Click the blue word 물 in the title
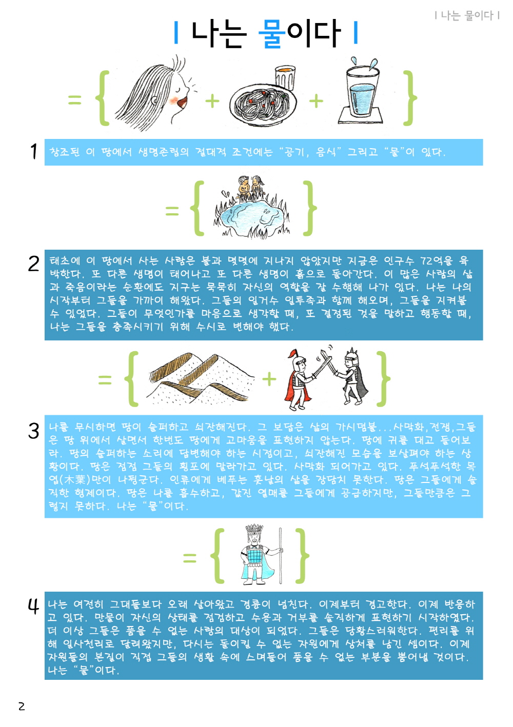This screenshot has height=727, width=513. (x=272, y=33)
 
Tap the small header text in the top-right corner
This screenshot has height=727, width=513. (x=467, y=15)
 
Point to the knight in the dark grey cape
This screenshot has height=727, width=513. (x=352, y=377)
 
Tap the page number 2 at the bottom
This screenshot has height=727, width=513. (x=22, y=706)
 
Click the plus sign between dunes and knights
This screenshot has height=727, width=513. (x=269, y=379)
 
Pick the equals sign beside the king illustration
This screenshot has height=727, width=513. (x=190, y=558)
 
